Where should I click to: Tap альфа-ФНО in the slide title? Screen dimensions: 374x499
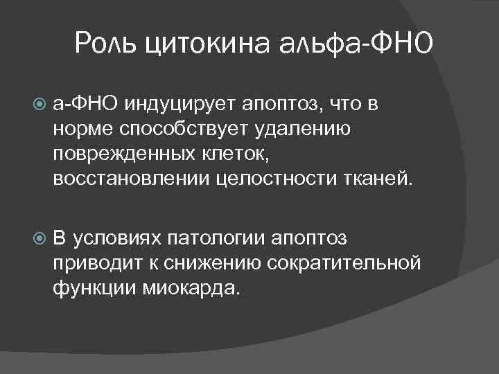point(356,45)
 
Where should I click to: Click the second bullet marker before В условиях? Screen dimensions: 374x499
point(40,240)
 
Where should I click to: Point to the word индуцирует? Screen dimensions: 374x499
point(180,104)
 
